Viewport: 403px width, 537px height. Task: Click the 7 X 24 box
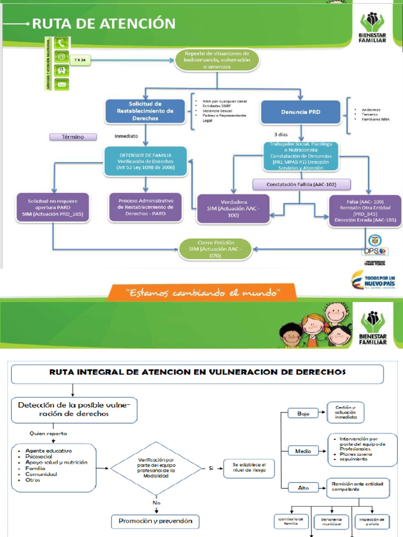(80, 60)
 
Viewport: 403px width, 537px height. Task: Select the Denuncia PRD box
(300, 112)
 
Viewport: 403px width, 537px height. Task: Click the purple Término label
(73, 137)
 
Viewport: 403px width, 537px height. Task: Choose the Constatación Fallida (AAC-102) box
(293, 185)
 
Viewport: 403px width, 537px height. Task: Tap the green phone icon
(61, 44)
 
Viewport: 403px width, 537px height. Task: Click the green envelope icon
(61, 84)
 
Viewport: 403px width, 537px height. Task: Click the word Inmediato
(126, 136)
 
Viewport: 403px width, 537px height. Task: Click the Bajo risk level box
(303, 413)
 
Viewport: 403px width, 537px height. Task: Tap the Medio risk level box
(303, 450)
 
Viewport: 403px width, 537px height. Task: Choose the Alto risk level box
(303, 488)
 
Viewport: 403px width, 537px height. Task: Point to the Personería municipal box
(331, 521)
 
